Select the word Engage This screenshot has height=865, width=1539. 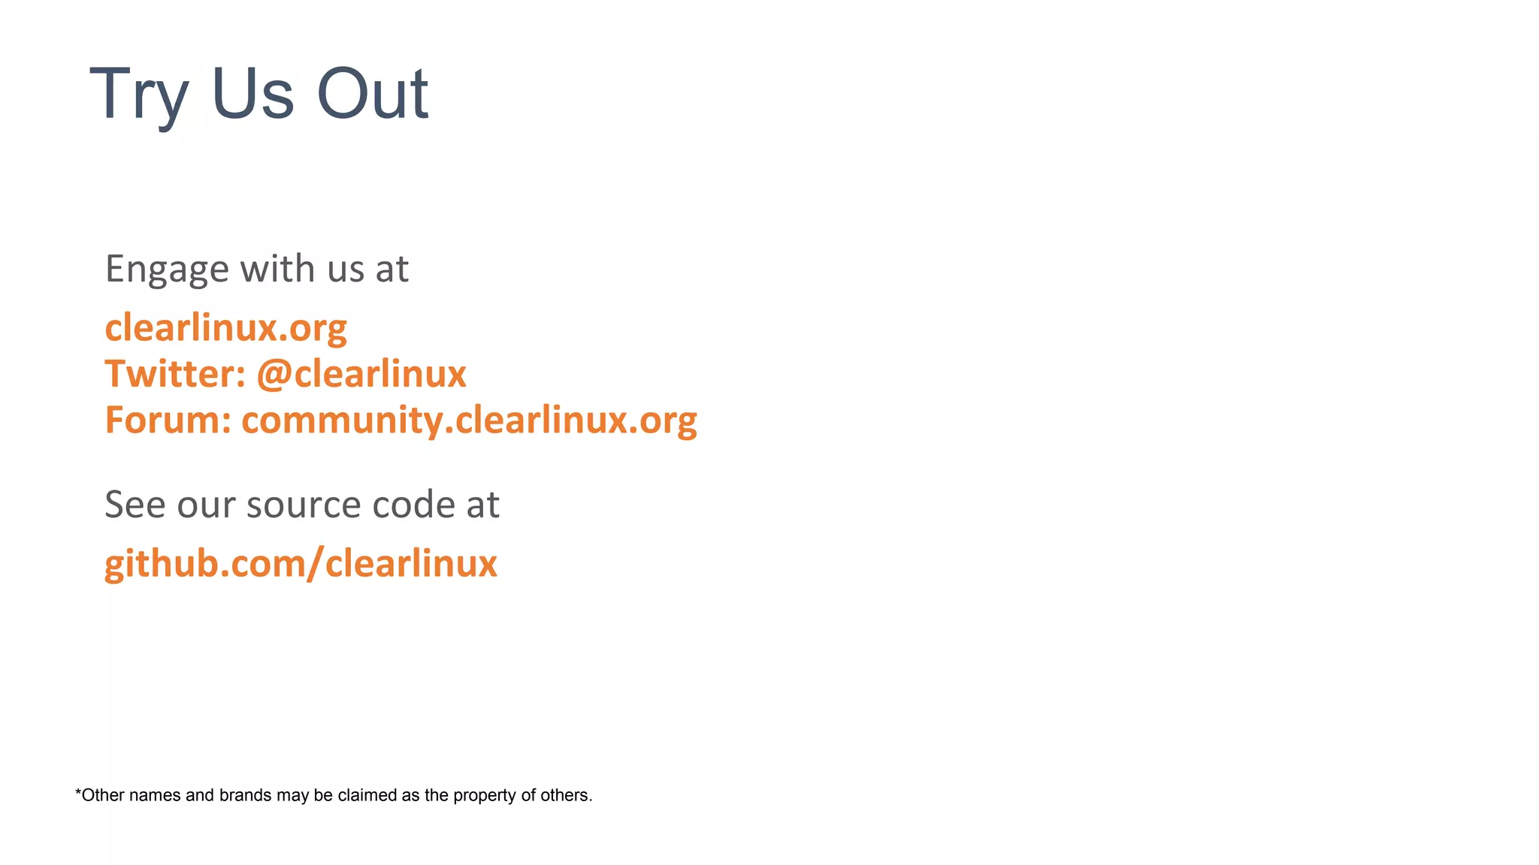pos(167,270)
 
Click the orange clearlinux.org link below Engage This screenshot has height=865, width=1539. pos(225,328)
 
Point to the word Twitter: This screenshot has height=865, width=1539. pos(175,374)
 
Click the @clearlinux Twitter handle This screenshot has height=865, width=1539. pos(361,374)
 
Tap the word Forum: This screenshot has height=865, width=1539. pos(168,420)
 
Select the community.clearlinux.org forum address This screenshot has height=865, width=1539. pos(469,420)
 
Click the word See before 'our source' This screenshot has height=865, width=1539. pos(135,504)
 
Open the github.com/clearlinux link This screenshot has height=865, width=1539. pos(301,564)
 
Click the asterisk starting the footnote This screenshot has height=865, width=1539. pos(78,793)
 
